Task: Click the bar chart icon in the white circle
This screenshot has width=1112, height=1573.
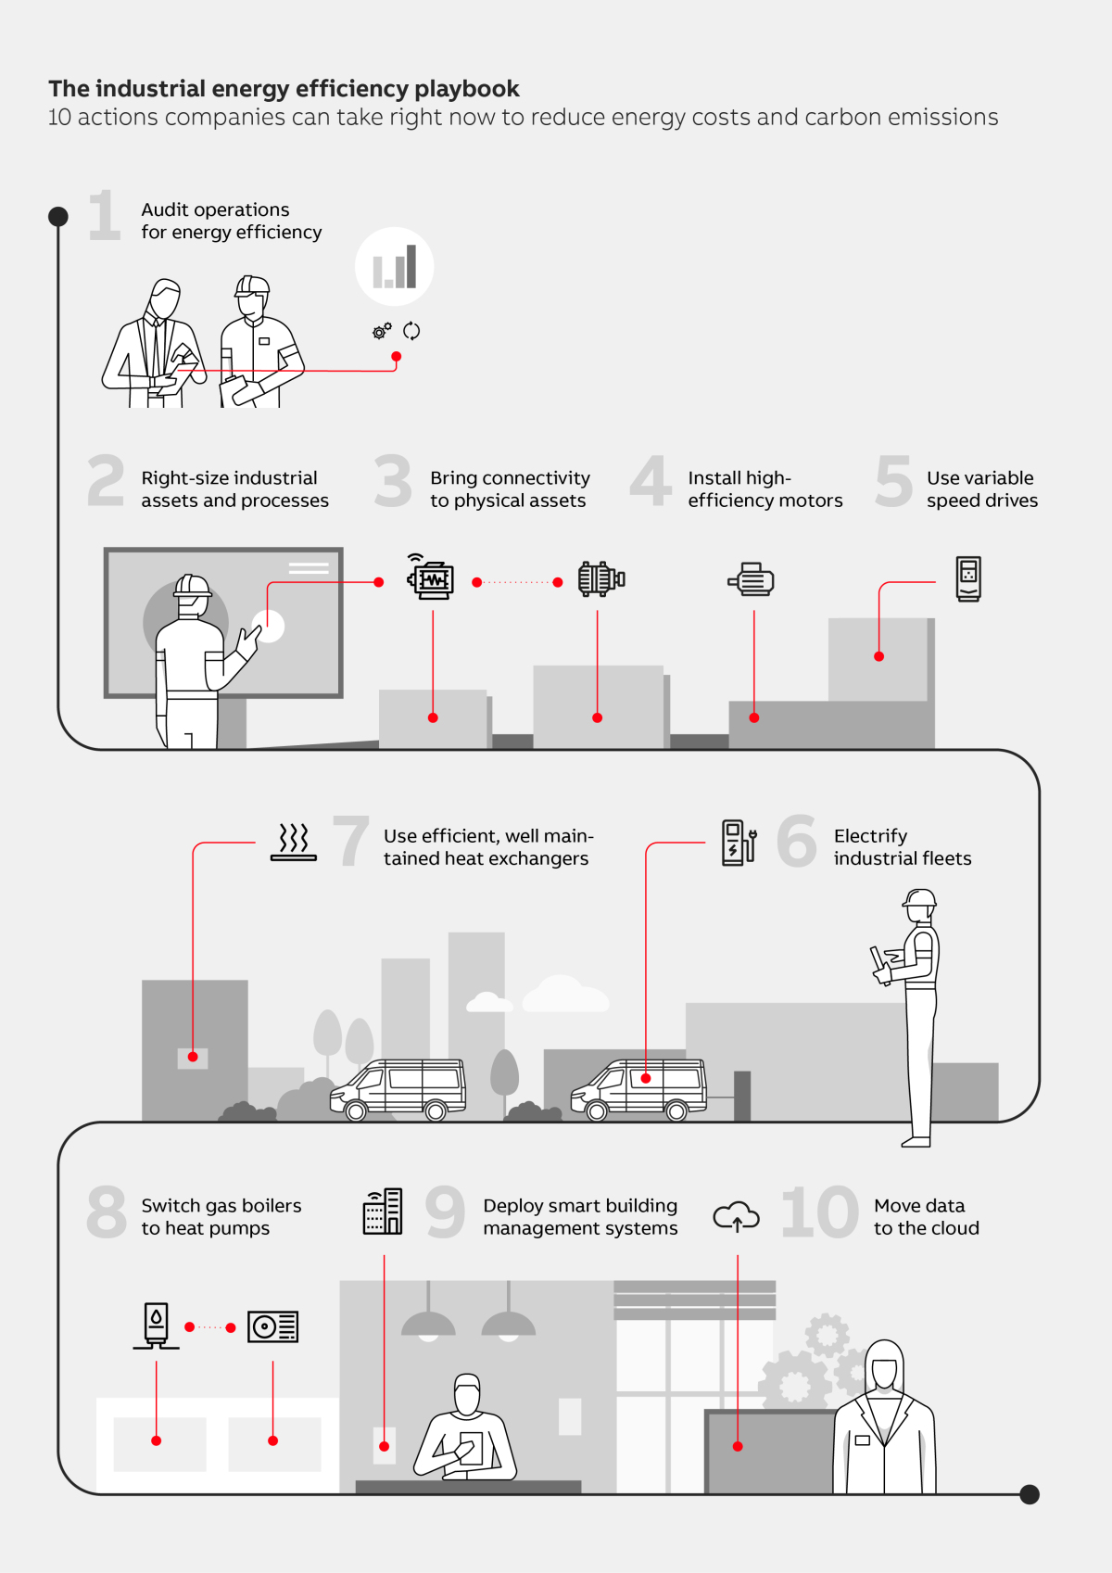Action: click(x=395, y=267)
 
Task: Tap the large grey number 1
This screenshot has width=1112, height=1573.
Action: click(x=105, y=216)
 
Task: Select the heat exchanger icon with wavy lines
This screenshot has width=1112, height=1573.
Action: click(x=294, y=842)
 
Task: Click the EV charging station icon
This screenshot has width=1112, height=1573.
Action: click(x=739, y=843)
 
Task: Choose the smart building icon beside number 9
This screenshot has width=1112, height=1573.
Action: click(x=383, y=1211)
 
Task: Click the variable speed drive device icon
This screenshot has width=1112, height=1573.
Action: click(x=968, y=579)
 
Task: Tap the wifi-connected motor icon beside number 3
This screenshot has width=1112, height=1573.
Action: click(x=431, y=577)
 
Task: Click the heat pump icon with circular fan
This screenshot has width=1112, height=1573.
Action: click(x=272, y=1326)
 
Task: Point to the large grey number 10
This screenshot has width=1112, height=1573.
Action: click(x=820, y=1212)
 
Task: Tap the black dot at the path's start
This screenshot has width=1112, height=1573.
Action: click(x=58, y=217)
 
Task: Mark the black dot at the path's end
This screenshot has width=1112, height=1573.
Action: click(x=1030, y=1494)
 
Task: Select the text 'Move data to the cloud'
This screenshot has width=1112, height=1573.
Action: click(x=926, y=1217)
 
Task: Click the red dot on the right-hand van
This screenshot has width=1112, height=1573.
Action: click(x=646, y=1078)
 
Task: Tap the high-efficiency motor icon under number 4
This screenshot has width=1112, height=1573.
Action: click(x=752, y=579)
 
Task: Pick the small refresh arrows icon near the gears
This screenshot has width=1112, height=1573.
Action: click(x=411, y=331)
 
